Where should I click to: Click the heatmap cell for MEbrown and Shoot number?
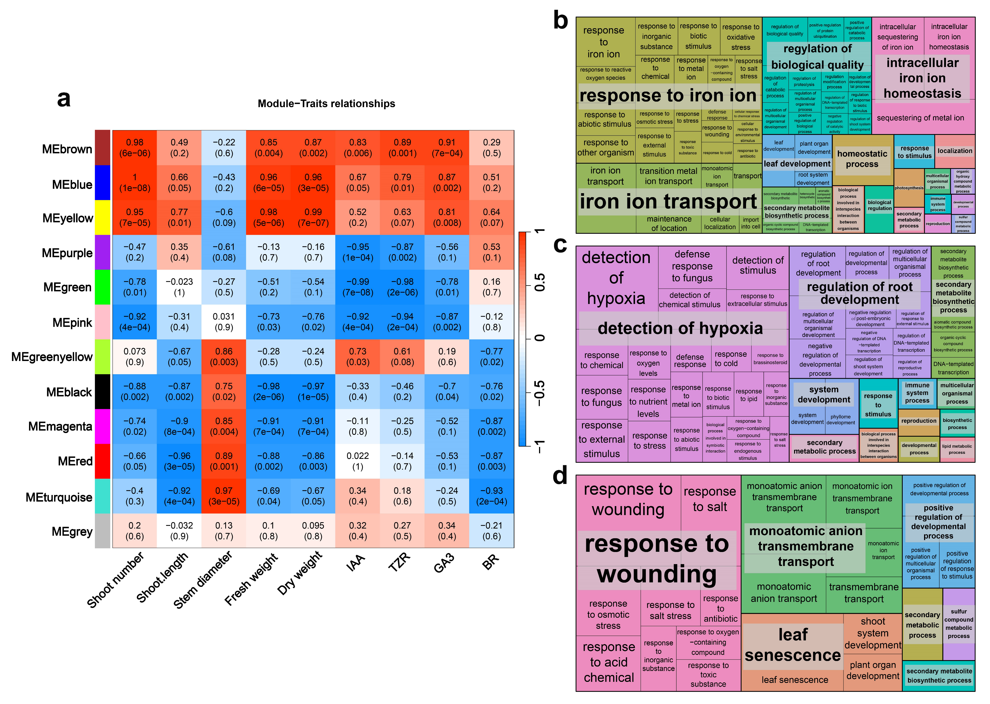coord(135,148)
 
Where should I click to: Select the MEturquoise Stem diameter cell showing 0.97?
coord(224,496)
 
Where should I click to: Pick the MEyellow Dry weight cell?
coord(313,217)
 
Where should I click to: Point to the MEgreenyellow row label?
coord(52,357)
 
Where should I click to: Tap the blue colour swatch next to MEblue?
coord(103,183)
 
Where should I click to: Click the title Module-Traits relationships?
coord(326,104)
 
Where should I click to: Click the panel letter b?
coord(561,21)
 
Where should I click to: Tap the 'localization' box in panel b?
coord(955,151)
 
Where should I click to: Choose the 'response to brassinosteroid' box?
coord(770,359)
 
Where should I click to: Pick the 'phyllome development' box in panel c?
coord(840,420)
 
